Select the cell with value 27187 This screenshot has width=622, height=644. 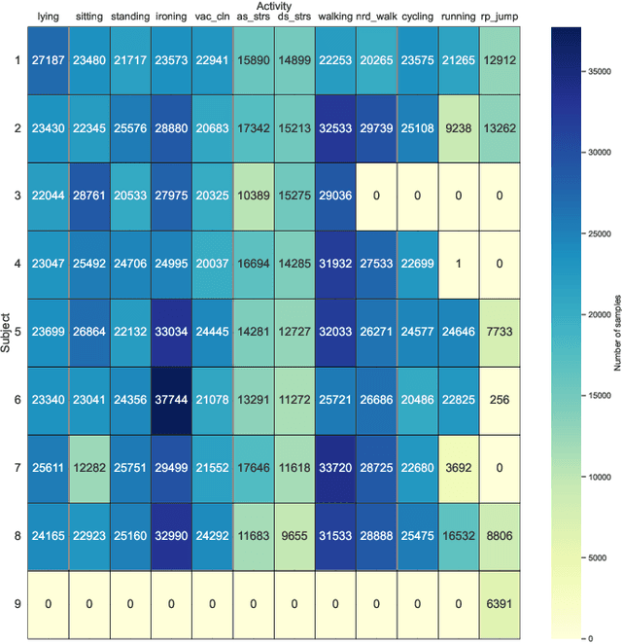click(x=48, y=60)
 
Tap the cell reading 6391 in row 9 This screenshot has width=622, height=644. click(x=501, y=604)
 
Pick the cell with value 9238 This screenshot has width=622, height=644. click(x=460, y=128)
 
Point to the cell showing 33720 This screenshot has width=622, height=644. click(x=335, y=469)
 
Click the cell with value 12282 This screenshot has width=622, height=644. click(x=88, y=469)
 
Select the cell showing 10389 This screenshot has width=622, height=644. click(x=253, y=197)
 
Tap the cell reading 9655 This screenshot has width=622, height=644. click(x=294, y=537)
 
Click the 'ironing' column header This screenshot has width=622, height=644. click(x=171, y=17)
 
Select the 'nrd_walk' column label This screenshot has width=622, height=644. click(x=377, y=17)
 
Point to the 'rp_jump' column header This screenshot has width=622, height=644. click(x=501, y=17)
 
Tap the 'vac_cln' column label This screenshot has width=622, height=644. click(x=212, y=17)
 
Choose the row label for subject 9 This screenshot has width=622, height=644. click(x=17, y=604)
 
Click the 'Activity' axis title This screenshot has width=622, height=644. click(x=274, y=6)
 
